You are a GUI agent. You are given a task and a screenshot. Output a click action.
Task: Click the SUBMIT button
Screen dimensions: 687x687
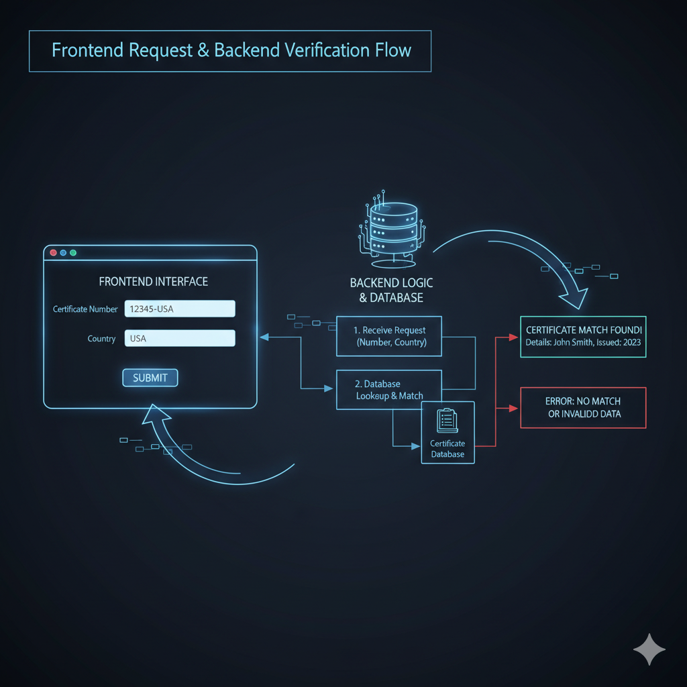(x=150, y=378)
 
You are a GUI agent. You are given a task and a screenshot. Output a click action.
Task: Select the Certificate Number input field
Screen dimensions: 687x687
(x=180, y=309)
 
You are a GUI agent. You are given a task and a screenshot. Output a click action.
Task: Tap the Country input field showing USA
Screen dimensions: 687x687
(x=180, y=338)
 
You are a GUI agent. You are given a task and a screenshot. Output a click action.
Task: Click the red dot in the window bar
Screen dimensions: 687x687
(x=53, y=253)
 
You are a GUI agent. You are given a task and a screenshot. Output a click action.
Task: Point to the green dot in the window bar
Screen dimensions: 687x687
(x=73, y=253)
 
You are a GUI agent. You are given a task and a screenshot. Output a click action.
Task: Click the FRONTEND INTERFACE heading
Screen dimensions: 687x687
(x=153, y=282)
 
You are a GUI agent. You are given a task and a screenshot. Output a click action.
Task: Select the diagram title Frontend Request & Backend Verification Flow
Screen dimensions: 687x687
(x=231, y=50)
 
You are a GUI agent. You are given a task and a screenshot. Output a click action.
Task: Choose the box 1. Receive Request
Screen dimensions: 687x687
(x=389, y=336)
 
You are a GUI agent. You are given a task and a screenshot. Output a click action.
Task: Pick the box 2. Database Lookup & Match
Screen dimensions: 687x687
(x=388, y=390)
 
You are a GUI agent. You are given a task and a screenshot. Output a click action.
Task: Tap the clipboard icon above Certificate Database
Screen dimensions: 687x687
(x=447, y=421)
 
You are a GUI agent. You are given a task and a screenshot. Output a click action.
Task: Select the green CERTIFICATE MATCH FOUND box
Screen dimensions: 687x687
(x=583, y=336)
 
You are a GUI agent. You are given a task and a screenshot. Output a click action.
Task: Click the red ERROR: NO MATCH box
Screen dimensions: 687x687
(x=583, y=407)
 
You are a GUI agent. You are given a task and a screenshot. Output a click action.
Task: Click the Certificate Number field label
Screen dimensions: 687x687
(x=85, y=309)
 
